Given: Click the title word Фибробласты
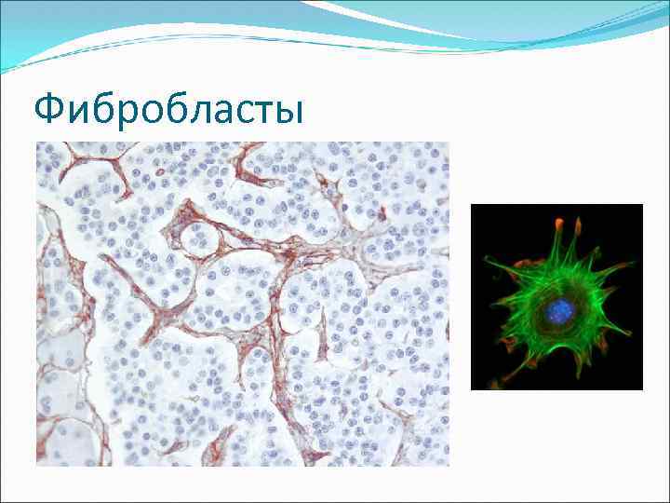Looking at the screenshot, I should click(x=168, y=111).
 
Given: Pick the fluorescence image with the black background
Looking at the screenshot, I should click(x=556, y=296).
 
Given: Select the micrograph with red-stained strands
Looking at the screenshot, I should click(x=242, y=304).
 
